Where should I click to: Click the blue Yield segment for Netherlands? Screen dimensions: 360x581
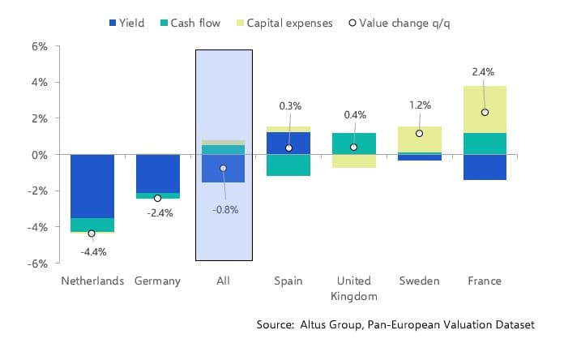coord(92,186)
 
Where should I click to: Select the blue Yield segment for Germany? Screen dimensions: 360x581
coord(158,174)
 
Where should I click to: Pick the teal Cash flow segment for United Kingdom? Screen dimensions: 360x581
coord(354,144)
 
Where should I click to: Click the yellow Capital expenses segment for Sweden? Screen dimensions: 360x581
coord(419,139)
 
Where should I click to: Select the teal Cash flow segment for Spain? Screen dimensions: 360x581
coord(288,165)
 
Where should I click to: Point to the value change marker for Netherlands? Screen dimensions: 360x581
coord(92,234)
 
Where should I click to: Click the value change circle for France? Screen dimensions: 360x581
coord(485,113)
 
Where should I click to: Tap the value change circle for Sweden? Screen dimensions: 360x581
coord(419,134)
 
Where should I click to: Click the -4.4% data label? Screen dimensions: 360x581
coord(93,251)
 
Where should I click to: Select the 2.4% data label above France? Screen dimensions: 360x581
coord(483,72)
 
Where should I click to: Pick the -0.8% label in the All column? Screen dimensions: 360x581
coord(224,210)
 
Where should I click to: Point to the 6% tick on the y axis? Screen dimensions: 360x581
coord(40,46)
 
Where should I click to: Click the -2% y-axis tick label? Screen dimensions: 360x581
coord(36,191)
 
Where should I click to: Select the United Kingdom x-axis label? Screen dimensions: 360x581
coord(354,288)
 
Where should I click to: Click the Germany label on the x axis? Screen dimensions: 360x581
coord(158,281)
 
